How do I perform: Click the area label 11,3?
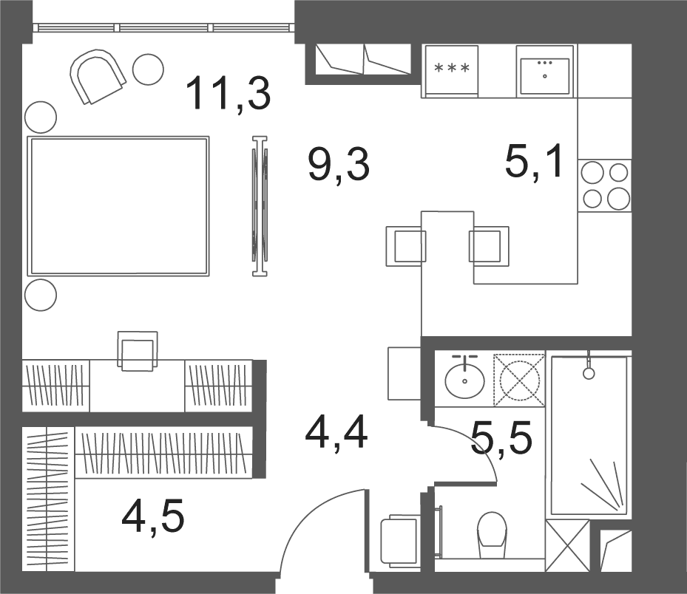point(229,94)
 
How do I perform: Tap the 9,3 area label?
point(339,165)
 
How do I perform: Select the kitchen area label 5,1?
point(534,162)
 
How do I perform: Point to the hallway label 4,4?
point(336,434)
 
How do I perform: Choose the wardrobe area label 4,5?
point(153,516)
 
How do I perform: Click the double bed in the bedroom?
point(118,205)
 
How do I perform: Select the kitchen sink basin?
point(544,71)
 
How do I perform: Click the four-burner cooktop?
point(605,185)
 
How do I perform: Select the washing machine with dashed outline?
point(519,380)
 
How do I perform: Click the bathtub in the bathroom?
point(589,436)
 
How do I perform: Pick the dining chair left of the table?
point(406,246)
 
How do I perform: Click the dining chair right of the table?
point(489,246)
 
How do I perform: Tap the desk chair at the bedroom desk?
point(138,351)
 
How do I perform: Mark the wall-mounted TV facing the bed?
point(260,205)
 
